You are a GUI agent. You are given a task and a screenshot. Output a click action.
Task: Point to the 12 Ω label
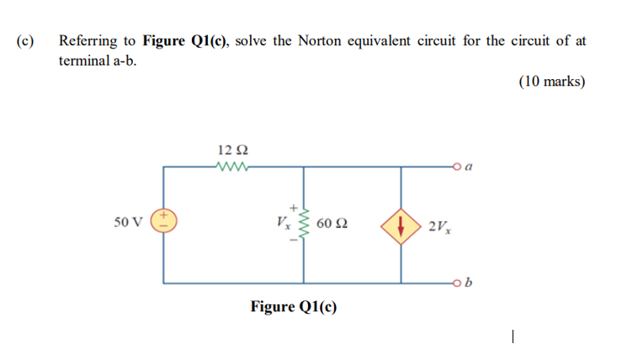click(x=233, y=150)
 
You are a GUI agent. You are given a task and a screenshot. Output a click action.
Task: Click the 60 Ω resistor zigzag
click(x=305, y=225)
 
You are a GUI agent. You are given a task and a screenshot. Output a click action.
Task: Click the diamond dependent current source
click(x=401, y=225)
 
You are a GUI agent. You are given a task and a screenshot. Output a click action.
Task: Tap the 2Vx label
click(x=439, y=225)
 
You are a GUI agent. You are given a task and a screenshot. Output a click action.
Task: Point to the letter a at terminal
click(x=467, y=167)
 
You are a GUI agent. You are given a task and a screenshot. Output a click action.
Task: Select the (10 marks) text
click(x=550, y=82)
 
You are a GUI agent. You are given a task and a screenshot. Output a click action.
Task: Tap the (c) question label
click(x=24, y=40)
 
